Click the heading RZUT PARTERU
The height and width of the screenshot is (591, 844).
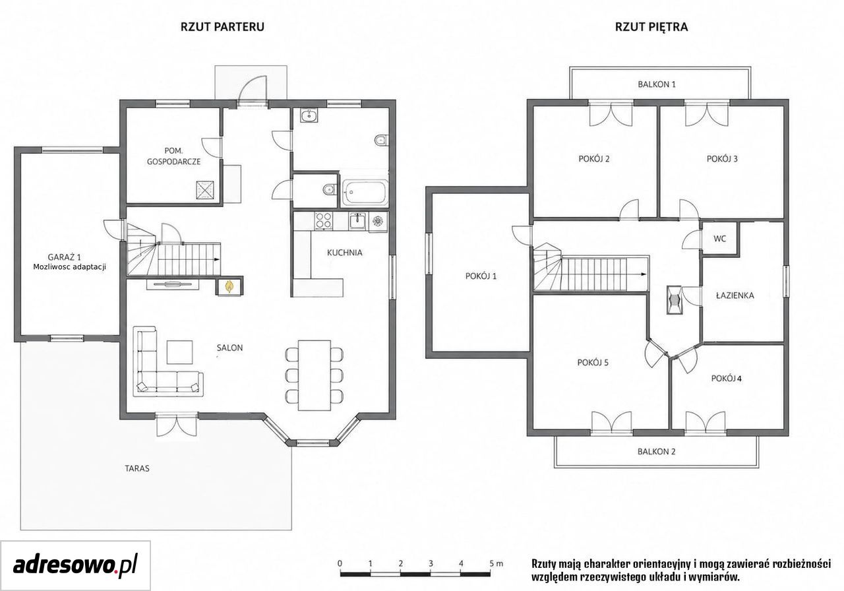[222, 27]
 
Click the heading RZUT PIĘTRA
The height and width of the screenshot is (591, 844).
[651, 27]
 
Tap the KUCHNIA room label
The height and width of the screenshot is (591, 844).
[344, 253]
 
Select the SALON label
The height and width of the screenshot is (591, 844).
[229, 348]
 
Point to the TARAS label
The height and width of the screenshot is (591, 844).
[137, 468]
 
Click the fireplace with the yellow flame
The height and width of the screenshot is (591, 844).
[229, 287]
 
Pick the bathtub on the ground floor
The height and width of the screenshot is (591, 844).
[365, 193]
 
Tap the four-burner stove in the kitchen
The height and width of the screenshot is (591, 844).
[324, 221]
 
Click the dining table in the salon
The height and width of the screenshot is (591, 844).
[315, 375]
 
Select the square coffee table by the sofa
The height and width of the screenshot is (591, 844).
[180, 352]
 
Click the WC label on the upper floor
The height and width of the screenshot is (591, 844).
[719, 239]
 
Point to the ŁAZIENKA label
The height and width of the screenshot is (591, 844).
[735, 295]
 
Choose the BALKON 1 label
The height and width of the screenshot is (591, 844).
[657, 84]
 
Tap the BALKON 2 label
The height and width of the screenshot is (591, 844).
[656, 452]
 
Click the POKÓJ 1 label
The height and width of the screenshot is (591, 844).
[481, 276]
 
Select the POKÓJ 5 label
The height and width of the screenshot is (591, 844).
[593, 363]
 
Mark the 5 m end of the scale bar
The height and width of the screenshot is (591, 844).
[490, 575]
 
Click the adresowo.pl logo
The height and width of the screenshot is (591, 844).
[75, 566]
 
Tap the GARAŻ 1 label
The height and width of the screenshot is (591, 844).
[65, 257]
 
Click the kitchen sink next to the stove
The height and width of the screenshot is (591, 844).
[357, 221]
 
